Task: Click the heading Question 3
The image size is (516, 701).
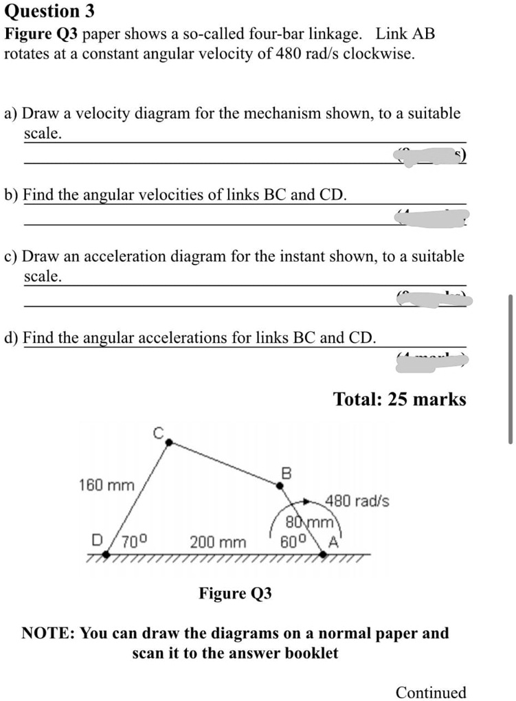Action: pos(49,12)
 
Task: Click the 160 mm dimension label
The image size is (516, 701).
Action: pos(106,485)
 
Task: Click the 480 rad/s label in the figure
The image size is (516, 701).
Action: pos(357,501)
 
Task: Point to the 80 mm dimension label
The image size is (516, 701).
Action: pos(309,526)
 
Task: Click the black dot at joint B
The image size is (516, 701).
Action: pos(280,485)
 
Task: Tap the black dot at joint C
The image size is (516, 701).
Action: pos(167,444)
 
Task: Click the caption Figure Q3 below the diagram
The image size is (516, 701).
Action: pos(235,593)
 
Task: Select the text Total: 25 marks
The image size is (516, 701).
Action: pos(399,399)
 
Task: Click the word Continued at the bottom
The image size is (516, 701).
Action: pos(431,691)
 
